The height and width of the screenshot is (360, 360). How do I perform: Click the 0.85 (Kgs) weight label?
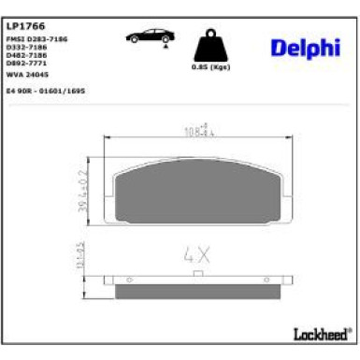(x=209, y=67)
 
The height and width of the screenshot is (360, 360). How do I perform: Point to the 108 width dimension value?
(x=193, y=130)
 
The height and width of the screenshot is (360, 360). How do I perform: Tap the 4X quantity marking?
(x=193, y=253)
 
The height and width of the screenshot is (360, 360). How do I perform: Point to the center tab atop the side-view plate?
(x=196, y=274)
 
